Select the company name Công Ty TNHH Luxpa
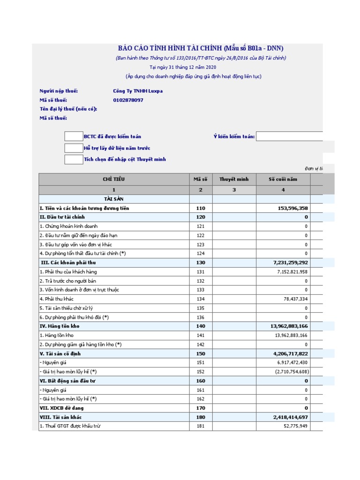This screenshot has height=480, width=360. point(138,91)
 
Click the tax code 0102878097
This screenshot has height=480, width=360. point(128,100)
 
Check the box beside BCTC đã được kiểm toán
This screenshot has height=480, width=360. point(74,136)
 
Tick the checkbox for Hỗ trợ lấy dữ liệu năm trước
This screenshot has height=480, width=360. point(74,148)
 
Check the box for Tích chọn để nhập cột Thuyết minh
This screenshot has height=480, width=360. point(74,159)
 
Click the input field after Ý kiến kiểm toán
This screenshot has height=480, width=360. point(289,136)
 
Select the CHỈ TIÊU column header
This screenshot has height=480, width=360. point(114,179)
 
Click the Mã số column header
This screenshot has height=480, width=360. point(201,179)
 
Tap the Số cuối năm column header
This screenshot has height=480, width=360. point(283,179)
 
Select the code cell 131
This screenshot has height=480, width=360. point(201,272)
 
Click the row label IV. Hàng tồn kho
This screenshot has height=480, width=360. point(60,326)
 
